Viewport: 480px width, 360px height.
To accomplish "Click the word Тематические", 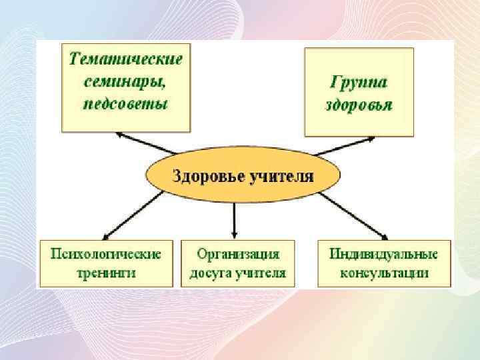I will (x=125, y=59).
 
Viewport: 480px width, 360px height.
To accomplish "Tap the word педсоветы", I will (x=125, y=103).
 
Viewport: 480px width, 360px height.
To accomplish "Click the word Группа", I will (x=360, y=83).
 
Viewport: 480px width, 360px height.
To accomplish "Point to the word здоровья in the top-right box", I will (x=360, y=105).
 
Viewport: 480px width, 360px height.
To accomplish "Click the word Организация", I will (x=237, y=255).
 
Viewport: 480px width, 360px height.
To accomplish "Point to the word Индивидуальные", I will (x=383, y=255).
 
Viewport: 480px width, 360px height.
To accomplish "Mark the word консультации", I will (x=383, y=273).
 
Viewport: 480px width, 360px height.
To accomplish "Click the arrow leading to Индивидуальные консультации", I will (x=353, y=215).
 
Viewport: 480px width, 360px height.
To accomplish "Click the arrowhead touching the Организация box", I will (x=235, y=234).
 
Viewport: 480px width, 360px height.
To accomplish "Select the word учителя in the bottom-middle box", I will (x=265, y=273).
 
